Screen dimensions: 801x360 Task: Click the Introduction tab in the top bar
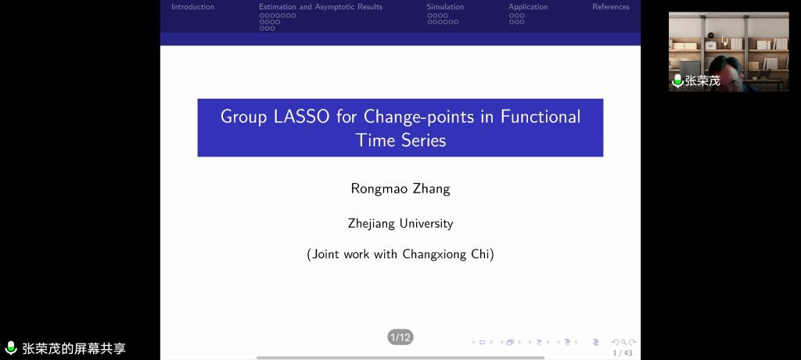193,6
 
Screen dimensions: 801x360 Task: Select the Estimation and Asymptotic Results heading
320,6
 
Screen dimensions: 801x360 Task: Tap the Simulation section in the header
445,6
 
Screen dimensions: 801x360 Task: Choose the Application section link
528,6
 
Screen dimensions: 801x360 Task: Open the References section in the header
611,6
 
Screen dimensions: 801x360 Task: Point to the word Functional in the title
540,117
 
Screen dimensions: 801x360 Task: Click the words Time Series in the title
400,139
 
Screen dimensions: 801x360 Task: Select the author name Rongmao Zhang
400,189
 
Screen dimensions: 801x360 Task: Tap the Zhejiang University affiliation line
400,224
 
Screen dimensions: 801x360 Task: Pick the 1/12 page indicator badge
400,337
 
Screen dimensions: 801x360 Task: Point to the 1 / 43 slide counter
623,353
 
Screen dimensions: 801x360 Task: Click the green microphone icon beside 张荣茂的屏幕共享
11,348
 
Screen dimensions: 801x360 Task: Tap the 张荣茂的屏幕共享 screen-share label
74,349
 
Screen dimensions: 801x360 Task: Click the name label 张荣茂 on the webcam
702,81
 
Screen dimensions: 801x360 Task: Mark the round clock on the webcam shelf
710,34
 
